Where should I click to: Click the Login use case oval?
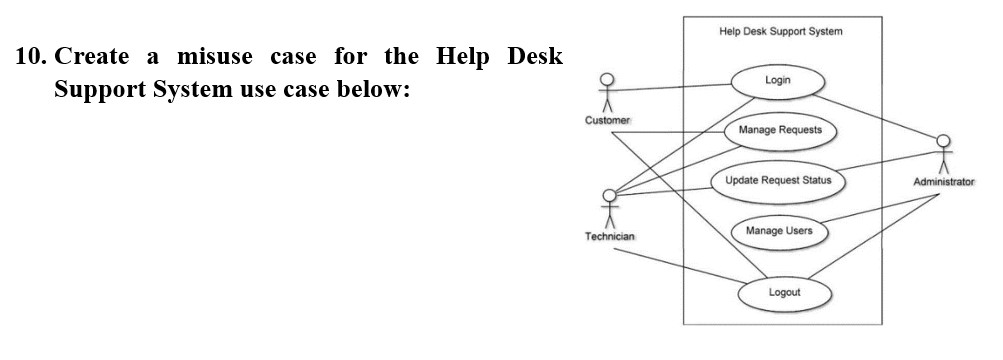point(778,80)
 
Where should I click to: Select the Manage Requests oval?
point(780,130)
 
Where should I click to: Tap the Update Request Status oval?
point(777,181)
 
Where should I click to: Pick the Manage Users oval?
point(779,231)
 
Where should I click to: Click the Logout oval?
point(784,292)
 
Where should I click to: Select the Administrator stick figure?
point(942,153)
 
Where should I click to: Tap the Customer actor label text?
point(607,121)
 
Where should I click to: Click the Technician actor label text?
point(609,236)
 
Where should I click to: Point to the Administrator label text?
point(943,182)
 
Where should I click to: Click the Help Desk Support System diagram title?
point(780,32)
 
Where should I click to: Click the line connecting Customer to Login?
point(670,87)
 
